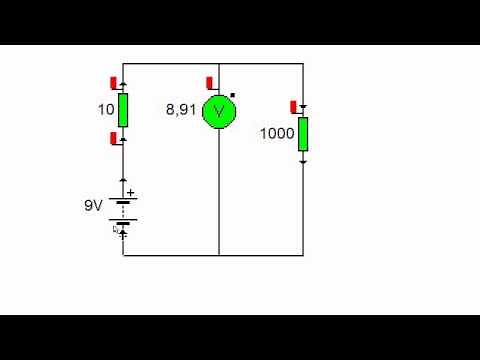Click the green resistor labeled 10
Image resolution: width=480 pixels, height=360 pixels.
123,110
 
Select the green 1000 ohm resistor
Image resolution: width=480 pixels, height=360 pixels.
303,133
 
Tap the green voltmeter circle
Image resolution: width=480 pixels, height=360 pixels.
218,112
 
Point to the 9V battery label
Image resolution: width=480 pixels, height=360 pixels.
93,206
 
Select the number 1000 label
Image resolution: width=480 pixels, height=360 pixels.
276,133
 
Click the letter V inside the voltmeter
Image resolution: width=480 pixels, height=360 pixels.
218,112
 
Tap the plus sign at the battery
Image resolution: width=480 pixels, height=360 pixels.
130,194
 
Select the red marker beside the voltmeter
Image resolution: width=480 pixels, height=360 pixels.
207,82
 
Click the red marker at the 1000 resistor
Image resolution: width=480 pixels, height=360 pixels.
294,105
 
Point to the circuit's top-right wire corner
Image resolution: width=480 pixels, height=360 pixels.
303,63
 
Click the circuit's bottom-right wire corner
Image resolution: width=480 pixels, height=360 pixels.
303,255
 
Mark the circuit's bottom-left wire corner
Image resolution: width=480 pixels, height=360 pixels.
123,255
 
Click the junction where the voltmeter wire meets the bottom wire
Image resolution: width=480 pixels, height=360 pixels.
218,255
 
